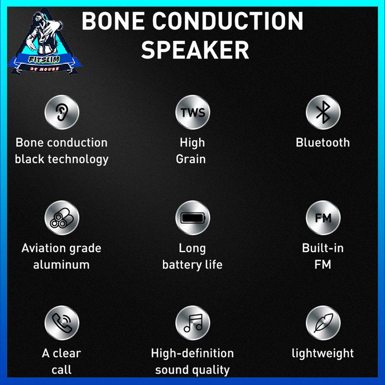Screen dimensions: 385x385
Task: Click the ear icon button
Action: tap(61, 112)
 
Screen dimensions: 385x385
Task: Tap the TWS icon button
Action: tap(193, 112)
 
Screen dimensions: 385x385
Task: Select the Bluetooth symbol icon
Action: tap(323, 112)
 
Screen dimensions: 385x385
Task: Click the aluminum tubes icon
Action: tap(61, 218)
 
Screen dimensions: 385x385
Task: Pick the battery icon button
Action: tap(193, 218)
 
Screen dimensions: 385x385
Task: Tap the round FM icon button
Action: tap(323, 218)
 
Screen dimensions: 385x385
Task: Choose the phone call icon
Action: tap(61, 323)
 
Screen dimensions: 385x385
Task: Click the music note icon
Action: tap(193, 323)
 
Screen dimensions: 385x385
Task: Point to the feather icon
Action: tap(323, 323)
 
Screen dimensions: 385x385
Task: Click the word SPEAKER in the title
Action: tap(195, 50)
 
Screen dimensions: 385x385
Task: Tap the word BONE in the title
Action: tap(114, 21)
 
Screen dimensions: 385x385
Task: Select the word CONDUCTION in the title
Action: tap(228, 21)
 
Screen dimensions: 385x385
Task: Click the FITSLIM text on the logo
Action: tap(44, 59)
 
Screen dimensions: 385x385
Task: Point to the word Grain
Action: tap(191, 159)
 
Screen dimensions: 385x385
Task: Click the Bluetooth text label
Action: tap(323, 142)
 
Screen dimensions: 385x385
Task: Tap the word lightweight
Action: tap(323, 354)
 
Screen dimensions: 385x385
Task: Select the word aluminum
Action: tap(61, 265)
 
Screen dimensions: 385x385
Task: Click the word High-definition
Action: tap(192, 353)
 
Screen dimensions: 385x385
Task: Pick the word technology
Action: tap(78, 159)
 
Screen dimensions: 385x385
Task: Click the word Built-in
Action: tap(323, 248)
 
